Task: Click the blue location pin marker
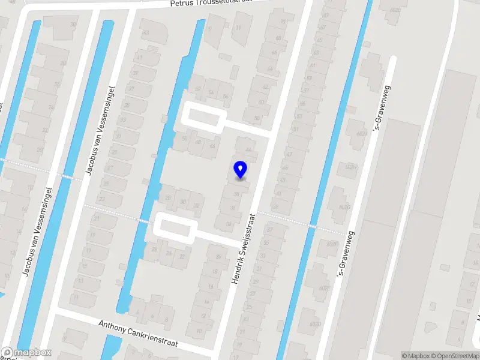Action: point(241,170)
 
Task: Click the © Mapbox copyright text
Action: point(416,356)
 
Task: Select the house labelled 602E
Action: point(325,288)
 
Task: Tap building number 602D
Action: point(315,324)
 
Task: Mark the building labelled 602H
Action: point(352,167)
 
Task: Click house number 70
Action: point(282,22)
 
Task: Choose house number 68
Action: point(278,38)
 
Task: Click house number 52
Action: point(211,92)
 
